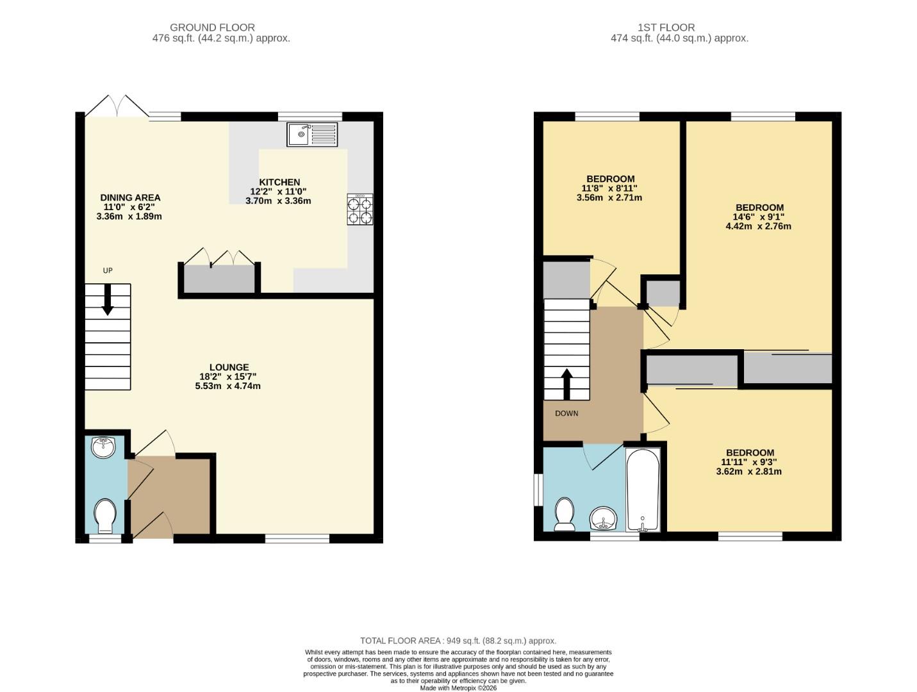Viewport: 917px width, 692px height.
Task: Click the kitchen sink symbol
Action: click(312, 135)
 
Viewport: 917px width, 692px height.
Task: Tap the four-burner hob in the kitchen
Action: click(359, 210)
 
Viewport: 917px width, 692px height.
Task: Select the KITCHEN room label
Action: click(279, 182)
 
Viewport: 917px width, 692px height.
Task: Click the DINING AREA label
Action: click(130, 197)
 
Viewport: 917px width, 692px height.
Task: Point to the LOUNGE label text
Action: click(229, 367)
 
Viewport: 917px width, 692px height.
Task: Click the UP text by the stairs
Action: click(108, 270)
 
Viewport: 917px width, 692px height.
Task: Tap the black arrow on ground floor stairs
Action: click(108, 299)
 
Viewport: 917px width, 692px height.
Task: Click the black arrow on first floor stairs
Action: click(566, 384)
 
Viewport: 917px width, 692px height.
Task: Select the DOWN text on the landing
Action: click(566, 413)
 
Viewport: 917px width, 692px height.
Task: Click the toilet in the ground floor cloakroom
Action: click(104, 516)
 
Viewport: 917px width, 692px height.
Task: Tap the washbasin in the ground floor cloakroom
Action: click(103, 447)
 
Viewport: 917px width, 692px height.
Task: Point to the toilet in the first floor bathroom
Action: click(564, 515)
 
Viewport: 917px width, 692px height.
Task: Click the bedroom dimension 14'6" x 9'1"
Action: click(759, 217)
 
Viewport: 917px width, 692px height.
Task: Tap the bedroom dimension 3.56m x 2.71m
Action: click(609, 197)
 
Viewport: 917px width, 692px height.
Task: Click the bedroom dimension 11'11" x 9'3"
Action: click(748, 462)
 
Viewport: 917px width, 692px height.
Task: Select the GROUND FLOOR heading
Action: click(212, 28)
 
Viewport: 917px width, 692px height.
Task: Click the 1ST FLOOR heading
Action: click(666, 28)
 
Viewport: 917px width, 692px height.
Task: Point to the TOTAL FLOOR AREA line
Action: click(458, 641)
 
